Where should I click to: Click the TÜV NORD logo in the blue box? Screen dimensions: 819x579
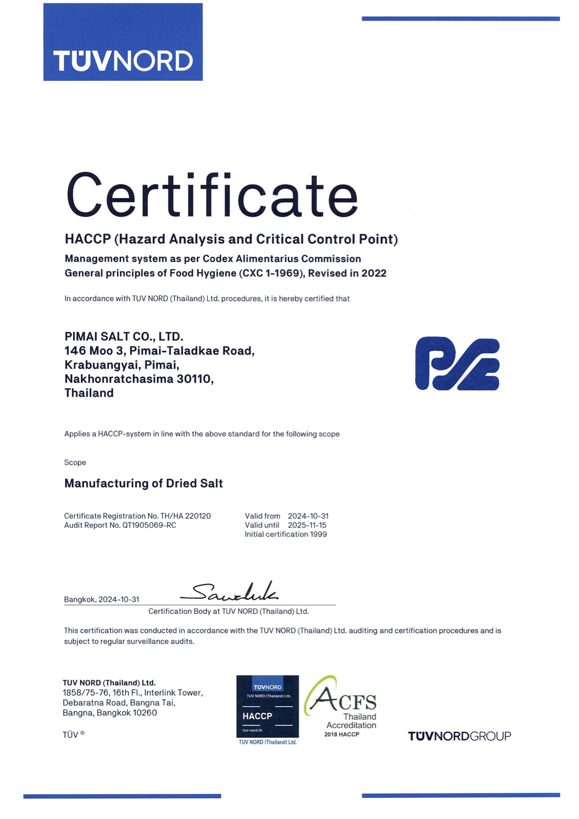point(123,60)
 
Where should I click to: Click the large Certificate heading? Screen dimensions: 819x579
point(212,196)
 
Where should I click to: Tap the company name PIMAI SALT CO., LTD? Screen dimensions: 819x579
point(124,337)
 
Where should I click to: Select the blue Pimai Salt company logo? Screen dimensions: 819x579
point(457,364)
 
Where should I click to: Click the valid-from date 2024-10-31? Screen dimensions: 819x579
point(308,516)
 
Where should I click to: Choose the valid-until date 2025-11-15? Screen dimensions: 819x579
point(307,525)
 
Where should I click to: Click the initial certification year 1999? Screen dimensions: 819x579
point(318,534)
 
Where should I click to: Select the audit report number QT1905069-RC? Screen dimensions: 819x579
point(149,525)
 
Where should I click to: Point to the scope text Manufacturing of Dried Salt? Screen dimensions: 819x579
point(143,483)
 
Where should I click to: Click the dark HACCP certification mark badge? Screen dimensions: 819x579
point(267,707)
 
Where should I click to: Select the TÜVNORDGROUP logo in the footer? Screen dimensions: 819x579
point(459,736)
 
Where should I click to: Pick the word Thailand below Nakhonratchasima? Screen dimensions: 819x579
point(89,393)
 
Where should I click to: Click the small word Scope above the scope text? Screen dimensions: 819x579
point(75,463)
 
